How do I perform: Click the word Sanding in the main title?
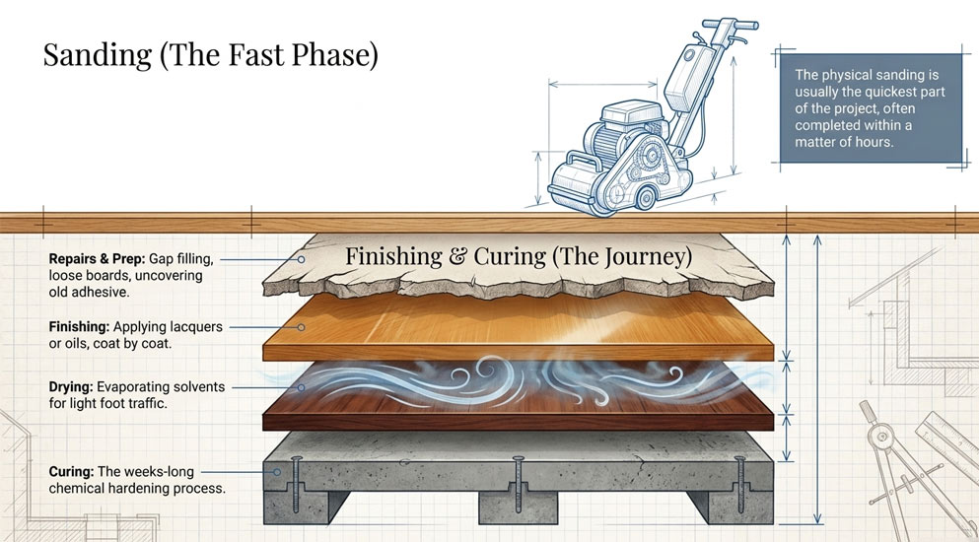tap(98, 55)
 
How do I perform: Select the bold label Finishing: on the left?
tap(79, 326)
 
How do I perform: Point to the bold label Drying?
tap(71, 386)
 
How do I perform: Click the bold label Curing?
tap(72, 471)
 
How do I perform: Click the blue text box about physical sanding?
tap(871, 108)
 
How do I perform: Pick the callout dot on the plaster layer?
tap(301, 259)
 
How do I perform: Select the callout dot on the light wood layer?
tap(301, 327)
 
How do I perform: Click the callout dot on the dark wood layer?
tap(301, 387)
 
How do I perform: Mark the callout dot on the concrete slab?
tap(277, 472)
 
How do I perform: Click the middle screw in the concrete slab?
tap(518, 485)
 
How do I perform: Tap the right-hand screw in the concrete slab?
tap(739, 485)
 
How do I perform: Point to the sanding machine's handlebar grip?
tap(730, 25)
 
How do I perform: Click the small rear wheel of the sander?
tap(645, 198)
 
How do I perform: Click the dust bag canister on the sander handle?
tap(689, 77)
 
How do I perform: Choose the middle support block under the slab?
tap(518, 508)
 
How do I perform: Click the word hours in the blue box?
tap(874, 142)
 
